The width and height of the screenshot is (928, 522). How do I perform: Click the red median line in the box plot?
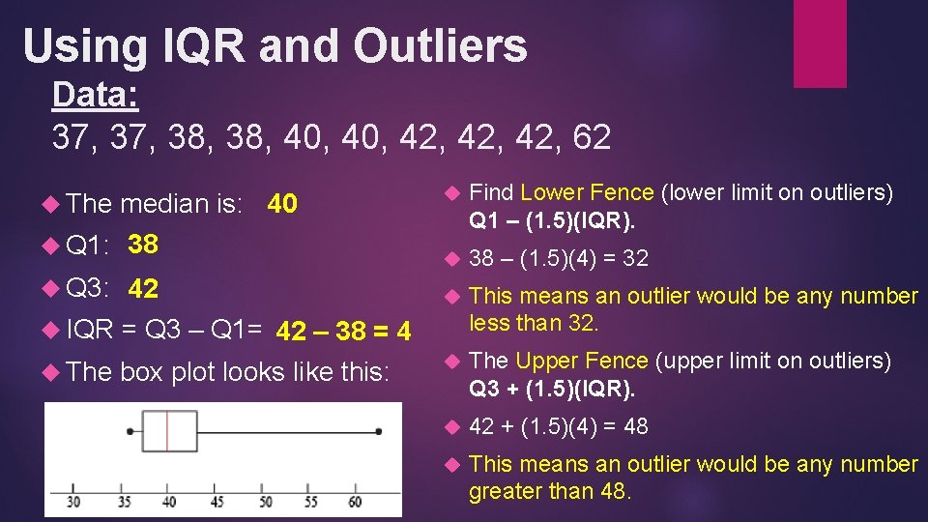click(168, 431)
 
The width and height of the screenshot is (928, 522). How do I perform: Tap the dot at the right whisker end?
click(379, 431)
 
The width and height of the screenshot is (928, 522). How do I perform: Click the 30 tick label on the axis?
click(74, 502)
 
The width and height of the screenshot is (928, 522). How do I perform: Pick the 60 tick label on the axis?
click(355, 502)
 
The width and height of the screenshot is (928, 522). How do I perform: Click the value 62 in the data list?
click(591, 137)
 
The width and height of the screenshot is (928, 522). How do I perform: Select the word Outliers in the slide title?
click(440, 45)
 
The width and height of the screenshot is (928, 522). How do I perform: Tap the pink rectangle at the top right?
click(820, 43)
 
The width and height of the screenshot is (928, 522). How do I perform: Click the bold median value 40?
click(281, 204)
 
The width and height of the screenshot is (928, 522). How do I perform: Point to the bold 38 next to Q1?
click(143, 245)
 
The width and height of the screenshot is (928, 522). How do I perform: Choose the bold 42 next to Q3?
click(143, 289)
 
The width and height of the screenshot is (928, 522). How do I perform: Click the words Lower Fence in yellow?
click(587, 192)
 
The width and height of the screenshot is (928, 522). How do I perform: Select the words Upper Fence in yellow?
click(582, 361)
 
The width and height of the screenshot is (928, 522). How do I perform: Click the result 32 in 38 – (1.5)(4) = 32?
click(635, 258)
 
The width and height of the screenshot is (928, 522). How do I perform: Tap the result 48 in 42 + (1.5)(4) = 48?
click(635, 426)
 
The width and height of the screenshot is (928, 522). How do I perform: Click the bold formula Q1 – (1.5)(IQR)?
click(552, 221)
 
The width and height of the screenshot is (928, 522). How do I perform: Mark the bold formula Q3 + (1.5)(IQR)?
click(552, 390)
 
